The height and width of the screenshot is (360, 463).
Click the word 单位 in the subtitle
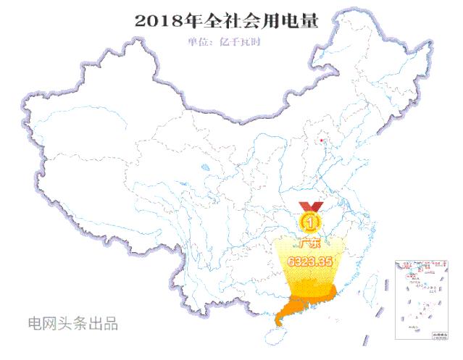[198, 41]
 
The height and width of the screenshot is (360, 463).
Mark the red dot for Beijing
[322, 140]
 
